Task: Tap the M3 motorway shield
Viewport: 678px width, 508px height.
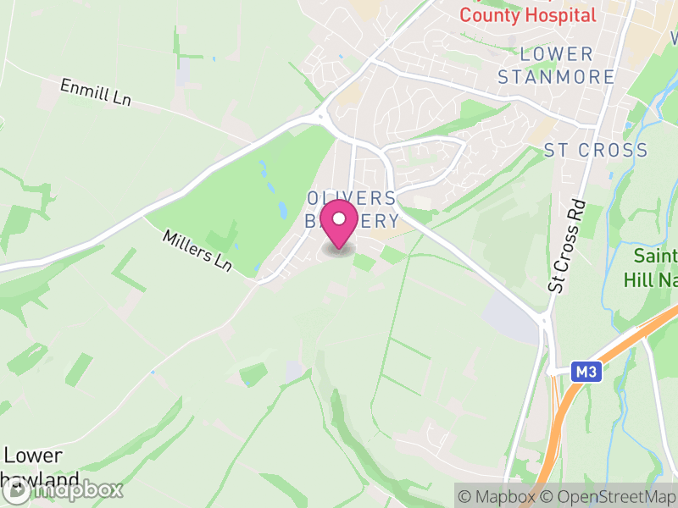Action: (585, 372)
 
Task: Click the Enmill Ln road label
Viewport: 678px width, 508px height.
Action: (95, 91)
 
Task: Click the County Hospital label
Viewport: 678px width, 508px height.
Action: (527, 15)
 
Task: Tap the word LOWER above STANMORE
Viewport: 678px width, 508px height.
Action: (556, 54)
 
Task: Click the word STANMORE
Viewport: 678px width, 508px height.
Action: (556, 77)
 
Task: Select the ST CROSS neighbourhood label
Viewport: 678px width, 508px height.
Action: (596, 151)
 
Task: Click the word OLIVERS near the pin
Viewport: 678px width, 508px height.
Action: (352, 198)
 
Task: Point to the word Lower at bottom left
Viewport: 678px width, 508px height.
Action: (33, 455)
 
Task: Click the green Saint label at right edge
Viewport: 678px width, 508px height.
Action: (657, 257)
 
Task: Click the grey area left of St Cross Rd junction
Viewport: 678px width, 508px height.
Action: (510, 317)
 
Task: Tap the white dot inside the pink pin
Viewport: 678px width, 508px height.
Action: (340, 218)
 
